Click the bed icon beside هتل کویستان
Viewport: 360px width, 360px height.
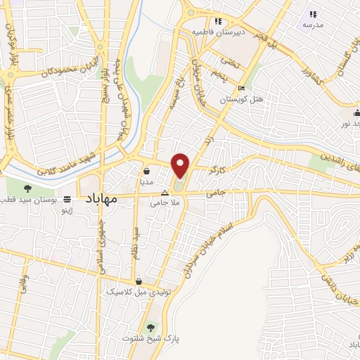tap(242, 89)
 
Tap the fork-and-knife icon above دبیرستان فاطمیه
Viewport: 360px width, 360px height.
tap(219, 22)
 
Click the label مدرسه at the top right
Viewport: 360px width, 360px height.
tap(313, 25)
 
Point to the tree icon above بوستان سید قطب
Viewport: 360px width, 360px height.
tap(27, 188)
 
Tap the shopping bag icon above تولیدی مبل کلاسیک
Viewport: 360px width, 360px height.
tap(139, 281)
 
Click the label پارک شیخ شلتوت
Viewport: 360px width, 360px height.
tap(152, 338)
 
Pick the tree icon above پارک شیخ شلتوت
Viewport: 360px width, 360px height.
tap(150, 327)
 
